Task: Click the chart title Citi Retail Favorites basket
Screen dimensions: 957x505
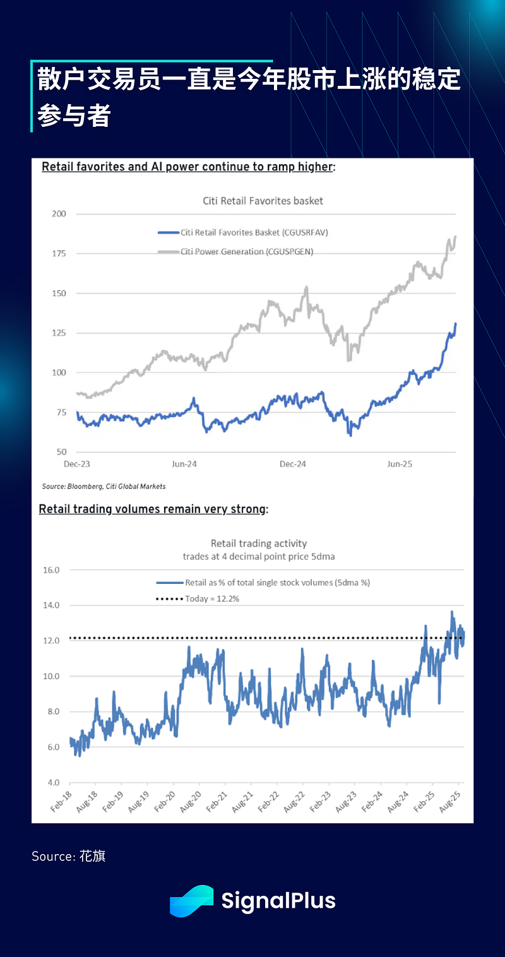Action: coord(263,201)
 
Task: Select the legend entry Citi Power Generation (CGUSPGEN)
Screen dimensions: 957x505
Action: coord(246,251)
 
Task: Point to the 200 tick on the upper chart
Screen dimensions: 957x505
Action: coord(59,214)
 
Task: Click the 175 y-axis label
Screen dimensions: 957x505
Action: coord(59,254)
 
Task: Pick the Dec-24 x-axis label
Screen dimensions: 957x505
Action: coord(292,464)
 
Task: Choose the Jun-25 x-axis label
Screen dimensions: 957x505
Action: coord(400,464)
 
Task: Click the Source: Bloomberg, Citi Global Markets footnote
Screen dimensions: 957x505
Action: coord(104,487)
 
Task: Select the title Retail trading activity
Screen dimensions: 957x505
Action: coord(259,543)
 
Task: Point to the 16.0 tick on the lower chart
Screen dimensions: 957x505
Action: coord(50,570)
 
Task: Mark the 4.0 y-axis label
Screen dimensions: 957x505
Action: coord(50,783)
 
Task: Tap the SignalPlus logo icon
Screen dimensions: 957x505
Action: coord(192,901)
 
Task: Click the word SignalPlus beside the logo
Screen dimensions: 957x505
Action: coord(278,901)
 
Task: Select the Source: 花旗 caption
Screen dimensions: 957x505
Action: coord(69,857)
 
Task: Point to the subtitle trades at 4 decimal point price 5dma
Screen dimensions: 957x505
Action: coord(258,556)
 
